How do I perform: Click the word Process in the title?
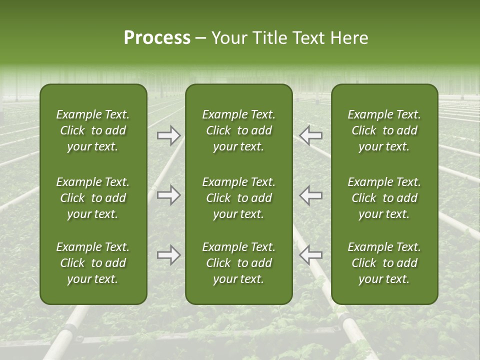tap(157, 38)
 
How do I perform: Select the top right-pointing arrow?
tap(168, 135)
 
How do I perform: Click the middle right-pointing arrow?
tap(168, 195)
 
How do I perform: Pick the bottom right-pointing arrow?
tap(168, 255)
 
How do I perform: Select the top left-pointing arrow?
tap(310, 135)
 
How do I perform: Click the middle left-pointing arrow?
tap(310, 195)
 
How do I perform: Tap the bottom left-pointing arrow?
tap(310, 255)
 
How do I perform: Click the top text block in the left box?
tap(93, 130)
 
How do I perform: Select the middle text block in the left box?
tap(93, 198)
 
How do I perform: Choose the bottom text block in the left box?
tap(93, 263)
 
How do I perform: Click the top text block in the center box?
tap(239, 130)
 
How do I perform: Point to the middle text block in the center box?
tap(239, 198)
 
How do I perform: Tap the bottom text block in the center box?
tap(239, 263)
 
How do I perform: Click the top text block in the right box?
tap(384, 130)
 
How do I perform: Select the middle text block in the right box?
tap(384, 198)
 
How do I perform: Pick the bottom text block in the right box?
tap(384, 263)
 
